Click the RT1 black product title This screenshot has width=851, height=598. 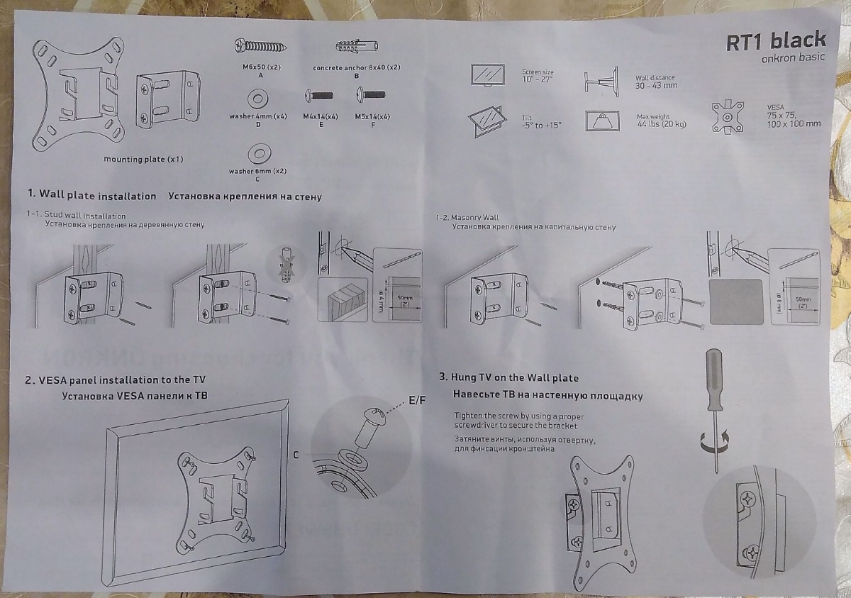coord(776,40)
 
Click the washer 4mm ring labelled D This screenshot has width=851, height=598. coord(257,96)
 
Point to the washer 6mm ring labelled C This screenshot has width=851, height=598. coord(257,152)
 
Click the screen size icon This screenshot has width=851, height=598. coord(488,74)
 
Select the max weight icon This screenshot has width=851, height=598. coord(602,120)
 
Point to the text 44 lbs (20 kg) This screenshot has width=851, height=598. coord(662,124)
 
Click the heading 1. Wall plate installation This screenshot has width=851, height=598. coord(91,195)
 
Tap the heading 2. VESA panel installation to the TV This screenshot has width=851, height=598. coord(115,380)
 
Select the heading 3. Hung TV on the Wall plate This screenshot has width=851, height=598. coord(509,378)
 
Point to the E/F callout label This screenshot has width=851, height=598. coord(417,400)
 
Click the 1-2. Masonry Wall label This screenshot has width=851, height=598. coord(467,218)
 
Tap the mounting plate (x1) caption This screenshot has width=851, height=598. coord(143,159)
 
